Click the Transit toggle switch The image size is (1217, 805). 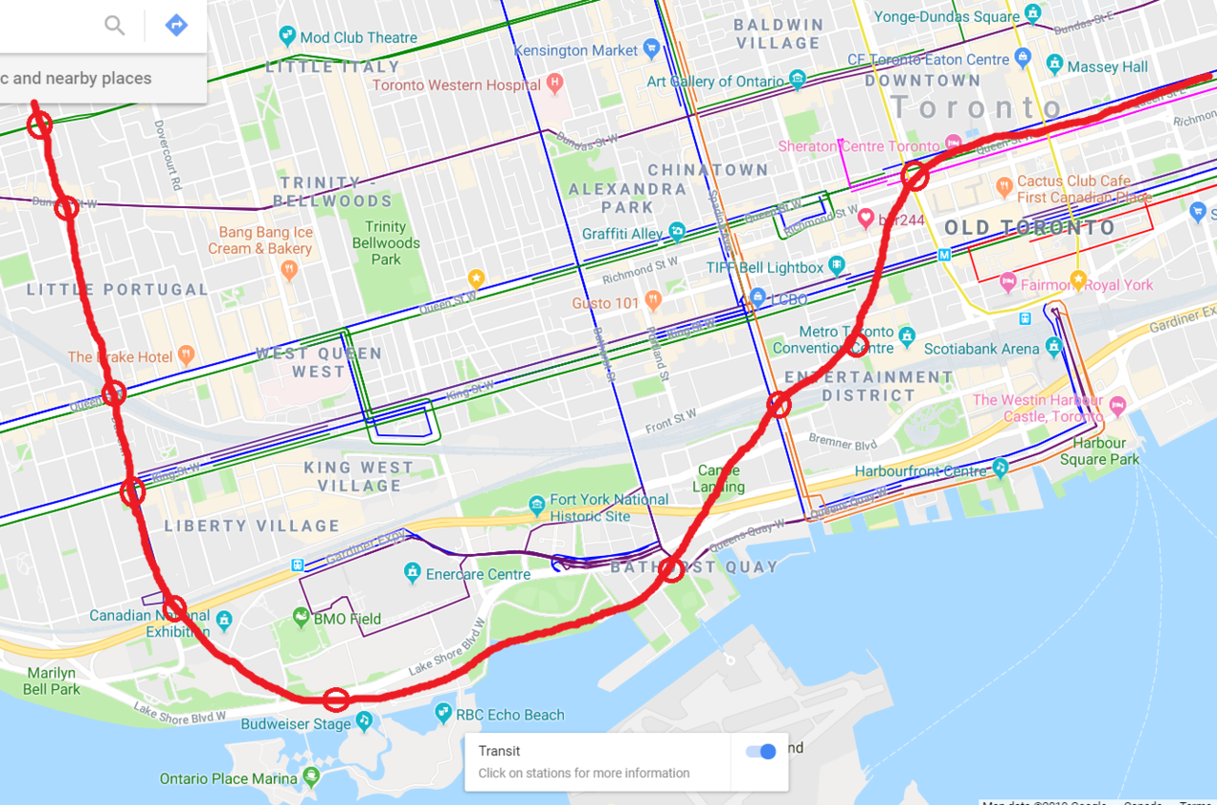[x=761, y=752]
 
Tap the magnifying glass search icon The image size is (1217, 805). [x=115, y=26]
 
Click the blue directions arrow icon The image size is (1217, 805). [x=176, y=26]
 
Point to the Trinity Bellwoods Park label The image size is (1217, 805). [x=386, y=242]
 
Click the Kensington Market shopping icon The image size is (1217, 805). [x=651, y=49]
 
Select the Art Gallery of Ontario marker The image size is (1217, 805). [x=798, y=81]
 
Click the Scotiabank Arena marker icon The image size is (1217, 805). [x=1053, y=348]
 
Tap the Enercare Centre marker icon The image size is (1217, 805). [x=412, y=573]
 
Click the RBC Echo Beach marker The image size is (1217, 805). [x=442, y=713]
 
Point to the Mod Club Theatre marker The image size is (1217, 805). [x=287, y=37]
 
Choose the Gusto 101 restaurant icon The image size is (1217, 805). [x=652, y=302]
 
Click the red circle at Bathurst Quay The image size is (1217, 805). [x=671, y=569]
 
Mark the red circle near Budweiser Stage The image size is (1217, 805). [x=336, y=700]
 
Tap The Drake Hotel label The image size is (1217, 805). [x=121, y=357]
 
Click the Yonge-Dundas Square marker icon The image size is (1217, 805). [x=1034, y=16]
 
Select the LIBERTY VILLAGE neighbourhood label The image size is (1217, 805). [x=251, y=526]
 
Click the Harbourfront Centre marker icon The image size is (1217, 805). [x=999, y=469]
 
